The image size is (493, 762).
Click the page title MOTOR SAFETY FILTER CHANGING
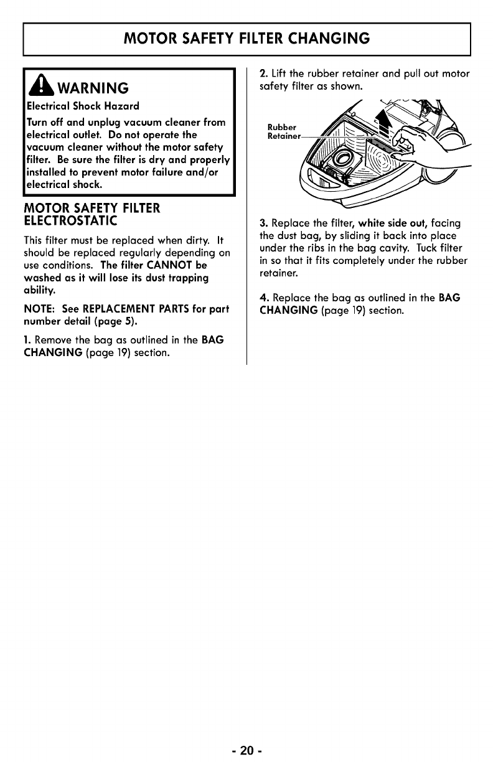pos(247,39)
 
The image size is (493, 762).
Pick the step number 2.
pos(263,74)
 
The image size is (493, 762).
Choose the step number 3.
pos(263,223)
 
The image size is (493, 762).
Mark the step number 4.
pos(263,298)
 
